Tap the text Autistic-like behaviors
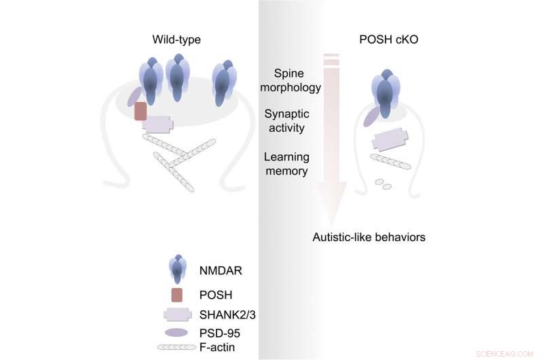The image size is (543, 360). [x=369, y=237]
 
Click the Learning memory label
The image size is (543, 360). [x=286, y=164]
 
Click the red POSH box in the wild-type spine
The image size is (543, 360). [x=141, y=110]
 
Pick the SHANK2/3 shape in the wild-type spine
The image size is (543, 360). [x=157, y=124]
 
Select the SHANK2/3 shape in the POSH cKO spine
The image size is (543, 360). [x=390, y=140]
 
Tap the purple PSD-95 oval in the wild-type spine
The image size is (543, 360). [x=134, y=96]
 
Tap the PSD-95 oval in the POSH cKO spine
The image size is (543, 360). [x=371, y=117]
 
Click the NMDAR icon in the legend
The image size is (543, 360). [x=176, y=269]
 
